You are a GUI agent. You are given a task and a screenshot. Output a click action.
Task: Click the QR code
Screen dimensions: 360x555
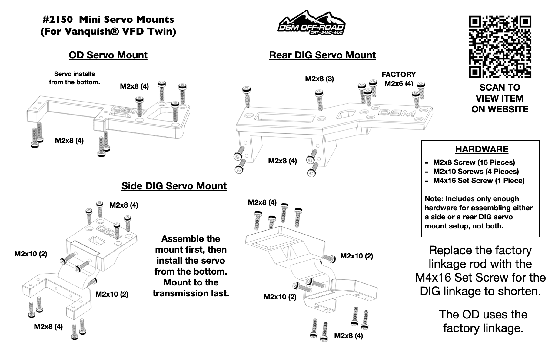pyautogui.click(x=500, y=47)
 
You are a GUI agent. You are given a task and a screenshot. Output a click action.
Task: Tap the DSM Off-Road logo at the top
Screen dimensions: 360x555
pyautogui.click(x=312, y=23)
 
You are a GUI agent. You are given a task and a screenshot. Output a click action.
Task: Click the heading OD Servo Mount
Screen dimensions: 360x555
pyautogui.click(x=108, y=55)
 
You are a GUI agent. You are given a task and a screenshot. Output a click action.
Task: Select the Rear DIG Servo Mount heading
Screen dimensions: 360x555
pyautogui.click(x=322, y=55)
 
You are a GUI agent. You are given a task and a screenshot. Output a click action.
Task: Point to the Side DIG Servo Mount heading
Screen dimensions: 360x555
pyautogui.click(x=174, y=186)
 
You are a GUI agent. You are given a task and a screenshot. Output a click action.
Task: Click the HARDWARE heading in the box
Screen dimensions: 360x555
pyautogui.click(x=482, y=149)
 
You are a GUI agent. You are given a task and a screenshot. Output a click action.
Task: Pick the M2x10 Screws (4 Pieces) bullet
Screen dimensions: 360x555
pyautogui.click(x=476, y=172)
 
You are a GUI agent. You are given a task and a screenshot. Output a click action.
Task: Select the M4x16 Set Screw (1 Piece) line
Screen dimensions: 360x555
pyautogui.click(x=478, y=181)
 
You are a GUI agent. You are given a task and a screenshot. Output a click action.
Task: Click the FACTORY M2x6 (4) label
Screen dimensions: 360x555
pyautogui.click(x=398, y=79)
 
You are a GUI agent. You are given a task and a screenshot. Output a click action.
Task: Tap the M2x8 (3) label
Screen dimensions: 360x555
pyautogui.click(x=319, y=79)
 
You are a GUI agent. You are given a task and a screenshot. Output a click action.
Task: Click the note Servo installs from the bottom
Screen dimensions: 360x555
pyautogui.click(x=75, y=78)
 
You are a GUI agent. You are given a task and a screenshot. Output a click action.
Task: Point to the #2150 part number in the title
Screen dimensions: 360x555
pyautogui.click(x=58, y=20)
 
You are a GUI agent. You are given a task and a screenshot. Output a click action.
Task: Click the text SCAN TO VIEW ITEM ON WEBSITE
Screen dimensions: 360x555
pyautogui.click(x=500, y=98)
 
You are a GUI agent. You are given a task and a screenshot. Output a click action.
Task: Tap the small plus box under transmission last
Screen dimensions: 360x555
pyautogui.click(x=191, y=301)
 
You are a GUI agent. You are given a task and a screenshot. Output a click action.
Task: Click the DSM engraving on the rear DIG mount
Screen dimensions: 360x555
pyautogui.click(x=397, y=113)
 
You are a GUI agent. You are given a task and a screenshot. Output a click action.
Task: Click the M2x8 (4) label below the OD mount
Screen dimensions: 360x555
pyautogui.click(x=69, y=141)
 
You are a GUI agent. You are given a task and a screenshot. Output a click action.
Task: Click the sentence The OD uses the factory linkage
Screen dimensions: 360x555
pyautogui.click(x=483, y=321)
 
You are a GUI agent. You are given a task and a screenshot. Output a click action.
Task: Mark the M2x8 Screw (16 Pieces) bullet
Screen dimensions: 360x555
pyautogui.click(x=474, y=162)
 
